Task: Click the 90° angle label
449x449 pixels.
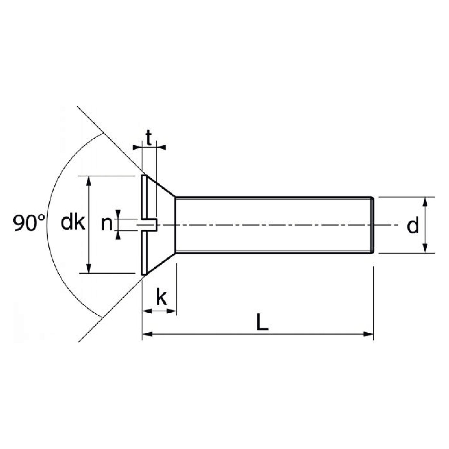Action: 29,223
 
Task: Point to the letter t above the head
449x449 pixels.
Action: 149,138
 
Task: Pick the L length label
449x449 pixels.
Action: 262,322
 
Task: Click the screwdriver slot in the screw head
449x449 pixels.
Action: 148,225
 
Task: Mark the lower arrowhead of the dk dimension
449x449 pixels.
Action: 89,268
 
